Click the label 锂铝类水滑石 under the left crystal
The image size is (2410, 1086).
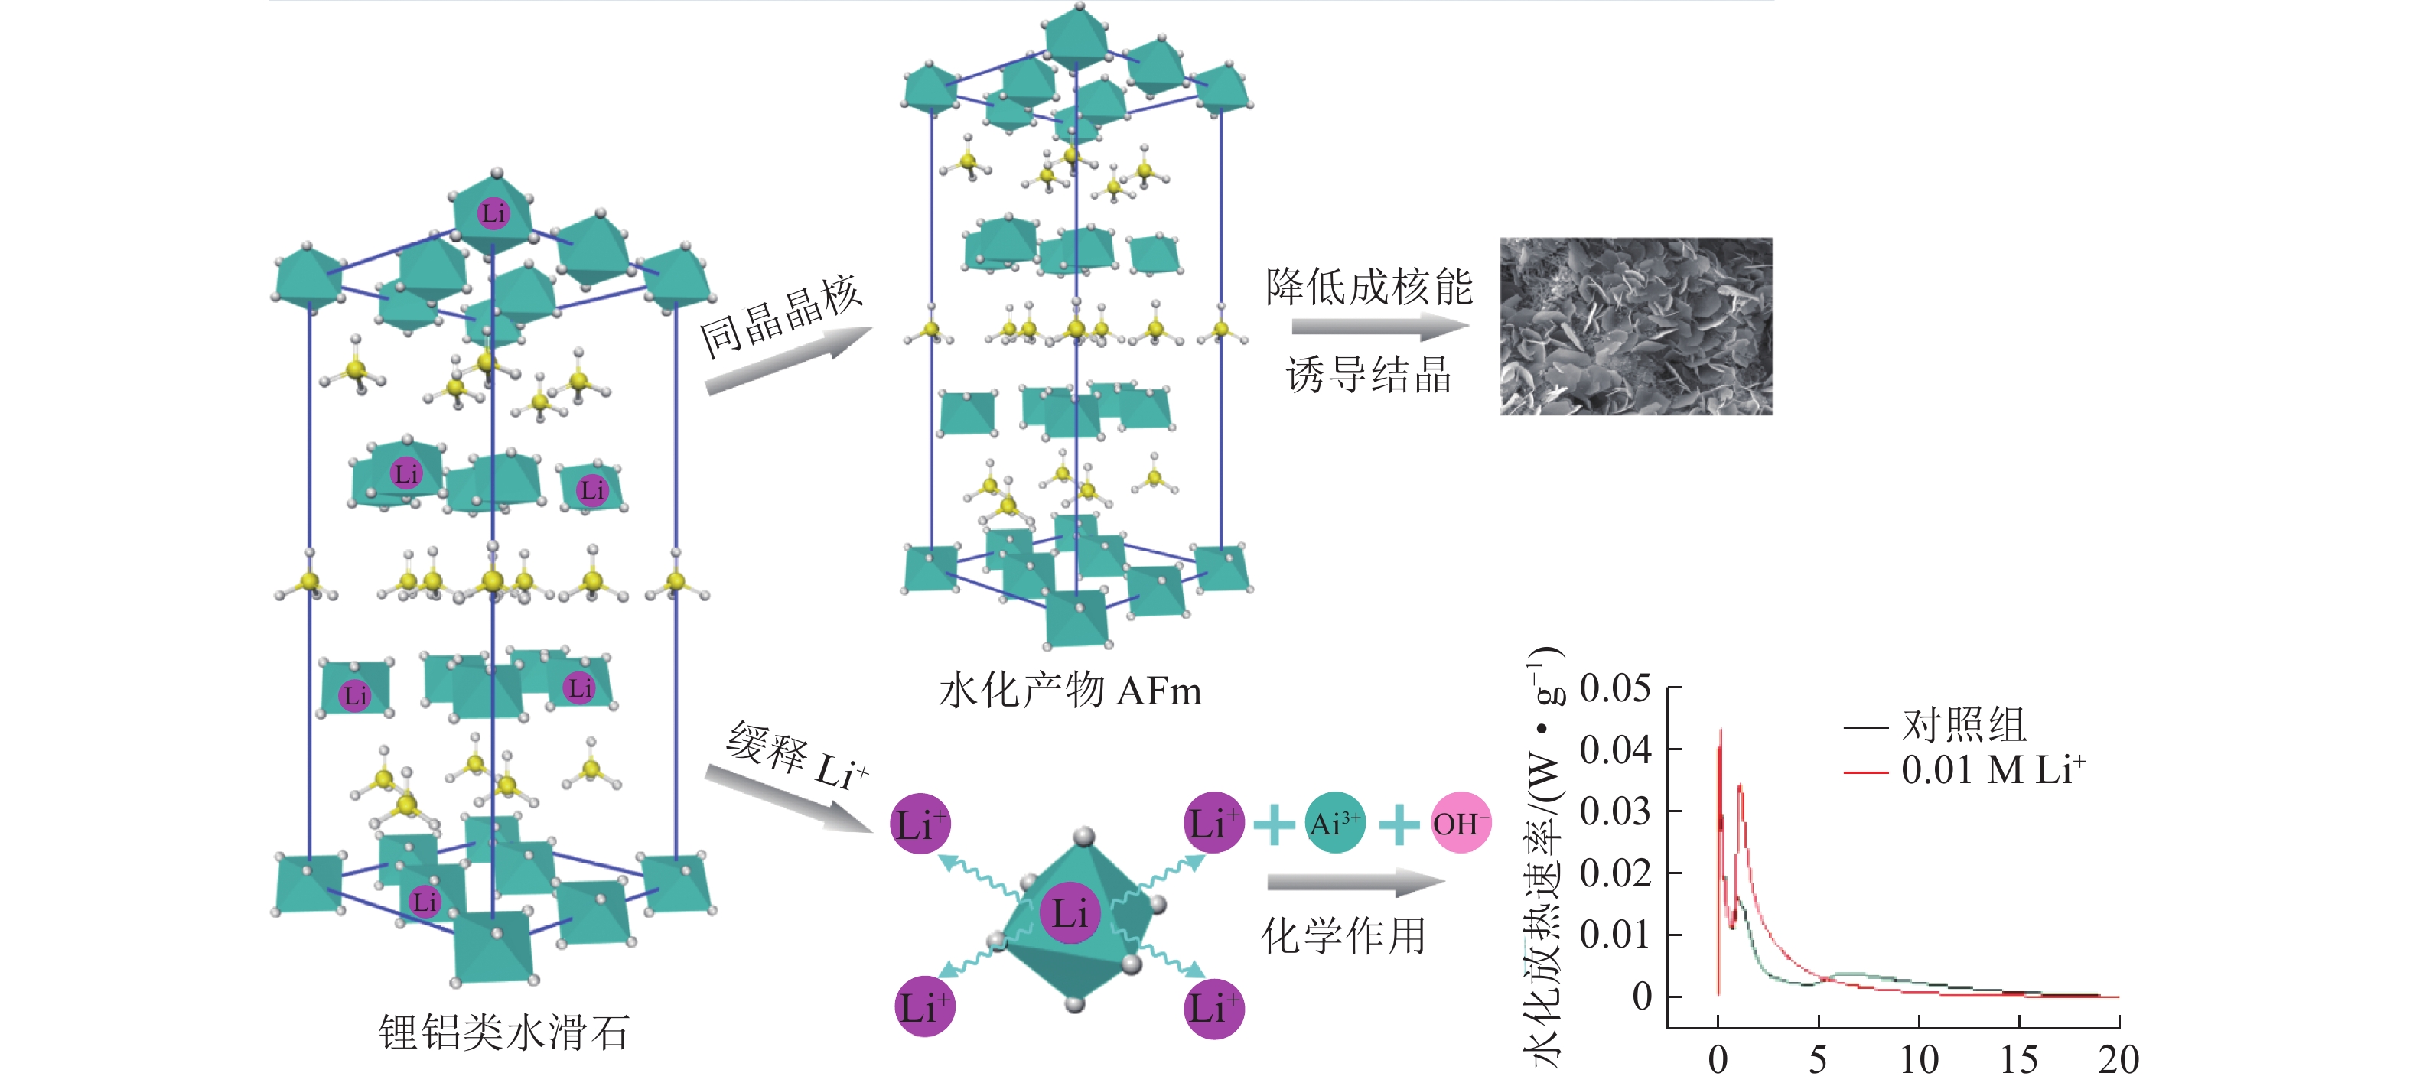[503, 1032]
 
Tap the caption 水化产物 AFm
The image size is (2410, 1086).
[1070, 691]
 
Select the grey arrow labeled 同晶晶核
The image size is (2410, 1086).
[788, 360]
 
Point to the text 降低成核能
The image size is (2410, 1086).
[1369, 286]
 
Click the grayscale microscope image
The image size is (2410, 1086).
[1636, 326]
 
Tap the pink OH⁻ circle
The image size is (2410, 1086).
[1461, 823]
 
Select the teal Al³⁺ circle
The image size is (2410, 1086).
[1335, 823]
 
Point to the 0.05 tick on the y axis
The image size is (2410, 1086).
[1615, 688]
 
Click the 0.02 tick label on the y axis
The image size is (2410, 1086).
[1615, 873]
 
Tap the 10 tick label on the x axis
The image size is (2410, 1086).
[1919, 1060]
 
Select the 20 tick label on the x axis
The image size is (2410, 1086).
[2118, 1060]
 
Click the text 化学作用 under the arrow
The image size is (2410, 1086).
[1343, 936]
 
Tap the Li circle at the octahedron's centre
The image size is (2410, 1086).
[1070, 912]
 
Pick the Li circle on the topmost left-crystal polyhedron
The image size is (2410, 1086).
[493, 213]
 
